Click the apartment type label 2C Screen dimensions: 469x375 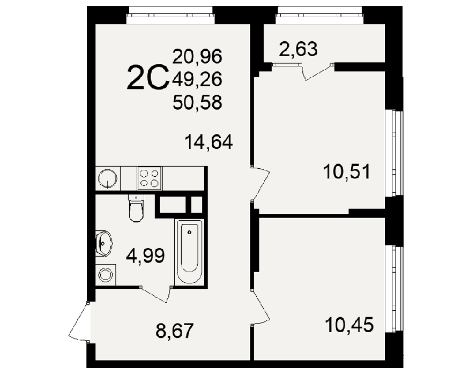(x=148, y=77)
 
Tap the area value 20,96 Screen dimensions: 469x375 (x=197, y=57)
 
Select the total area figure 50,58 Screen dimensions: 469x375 (x=197, y=102)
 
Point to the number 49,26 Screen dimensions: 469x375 (x=197, y=79)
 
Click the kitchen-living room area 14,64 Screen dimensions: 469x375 (x=209, y=142)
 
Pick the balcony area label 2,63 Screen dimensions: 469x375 (x=298, y=49)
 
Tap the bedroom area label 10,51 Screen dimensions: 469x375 (x=347, y=171)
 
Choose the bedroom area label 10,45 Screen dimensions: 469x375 (x=349, y=325)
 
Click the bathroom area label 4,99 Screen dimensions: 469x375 (x=145, y=256)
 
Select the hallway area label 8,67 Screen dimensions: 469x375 (x=175, y=331)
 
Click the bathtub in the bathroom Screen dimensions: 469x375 (x=189, y=251)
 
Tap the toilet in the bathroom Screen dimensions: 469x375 (x=136, y=208)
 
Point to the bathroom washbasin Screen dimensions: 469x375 (x=103, y=243)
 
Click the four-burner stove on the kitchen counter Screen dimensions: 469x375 (x=149, y=178)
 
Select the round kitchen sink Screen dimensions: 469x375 (x=108, y=178)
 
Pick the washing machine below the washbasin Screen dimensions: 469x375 (x=106, y=274)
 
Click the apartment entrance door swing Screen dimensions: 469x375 (x=79, y=322)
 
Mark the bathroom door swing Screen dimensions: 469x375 (x=155, y=294)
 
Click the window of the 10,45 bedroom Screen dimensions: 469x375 (x=393, y=289)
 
